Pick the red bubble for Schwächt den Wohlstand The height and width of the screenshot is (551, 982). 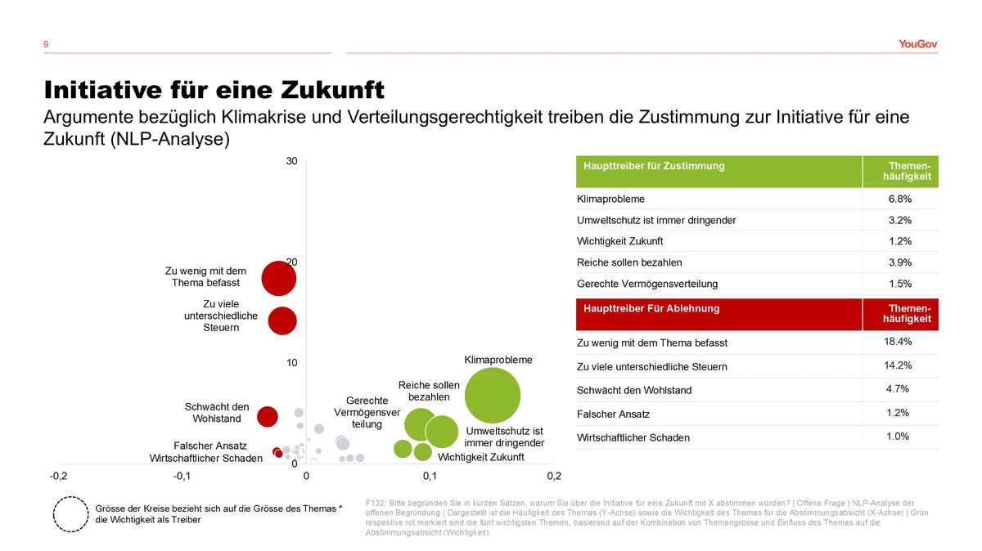tap(268, 416)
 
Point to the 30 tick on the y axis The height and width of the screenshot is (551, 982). tap(291, 161)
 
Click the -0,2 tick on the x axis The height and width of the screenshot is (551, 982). tap(58, 476)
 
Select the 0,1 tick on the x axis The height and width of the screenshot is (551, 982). tap(430, 476)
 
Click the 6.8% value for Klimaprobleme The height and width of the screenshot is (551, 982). tap(899, 199)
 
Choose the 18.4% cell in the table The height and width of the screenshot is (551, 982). tap(899, 342)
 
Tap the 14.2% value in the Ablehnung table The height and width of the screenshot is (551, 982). tap(899, 365)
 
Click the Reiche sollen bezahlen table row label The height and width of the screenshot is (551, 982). tap(629, 262)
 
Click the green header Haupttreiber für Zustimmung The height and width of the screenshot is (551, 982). tap(654, 166)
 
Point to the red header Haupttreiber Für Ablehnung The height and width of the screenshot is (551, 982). tap(651, 308)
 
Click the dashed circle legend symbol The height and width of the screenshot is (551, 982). tap(70, 514)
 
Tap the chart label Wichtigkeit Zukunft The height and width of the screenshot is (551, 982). tap(480, 457)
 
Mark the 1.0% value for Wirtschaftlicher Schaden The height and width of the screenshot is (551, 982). tap(899, 437)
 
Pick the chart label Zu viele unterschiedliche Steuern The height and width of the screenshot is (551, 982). tap(222, 316)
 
